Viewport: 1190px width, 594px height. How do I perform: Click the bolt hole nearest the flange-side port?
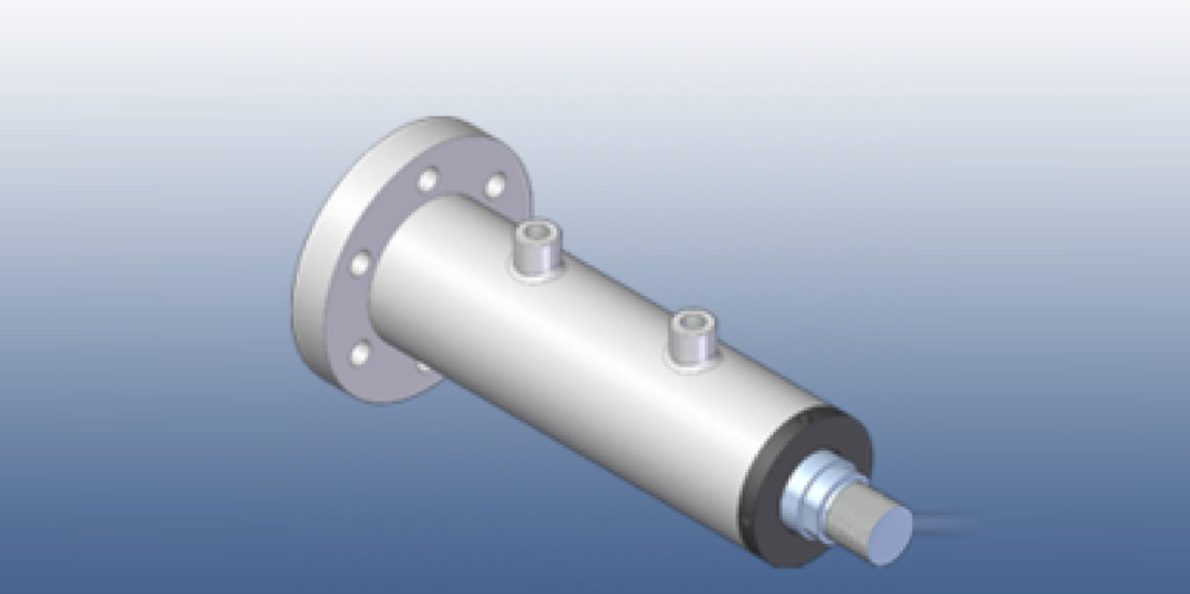[x=495, y=186]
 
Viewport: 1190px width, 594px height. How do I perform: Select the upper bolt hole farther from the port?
[x=428, y=180]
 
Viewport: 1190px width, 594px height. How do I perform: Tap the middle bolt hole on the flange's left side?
[x=360, y=264]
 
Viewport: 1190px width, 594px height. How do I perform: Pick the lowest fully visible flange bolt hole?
[x=361, y=354]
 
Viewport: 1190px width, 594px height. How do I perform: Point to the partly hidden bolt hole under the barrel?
[x=423, y=368]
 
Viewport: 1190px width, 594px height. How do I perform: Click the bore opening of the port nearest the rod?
[x=690, y=320]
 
